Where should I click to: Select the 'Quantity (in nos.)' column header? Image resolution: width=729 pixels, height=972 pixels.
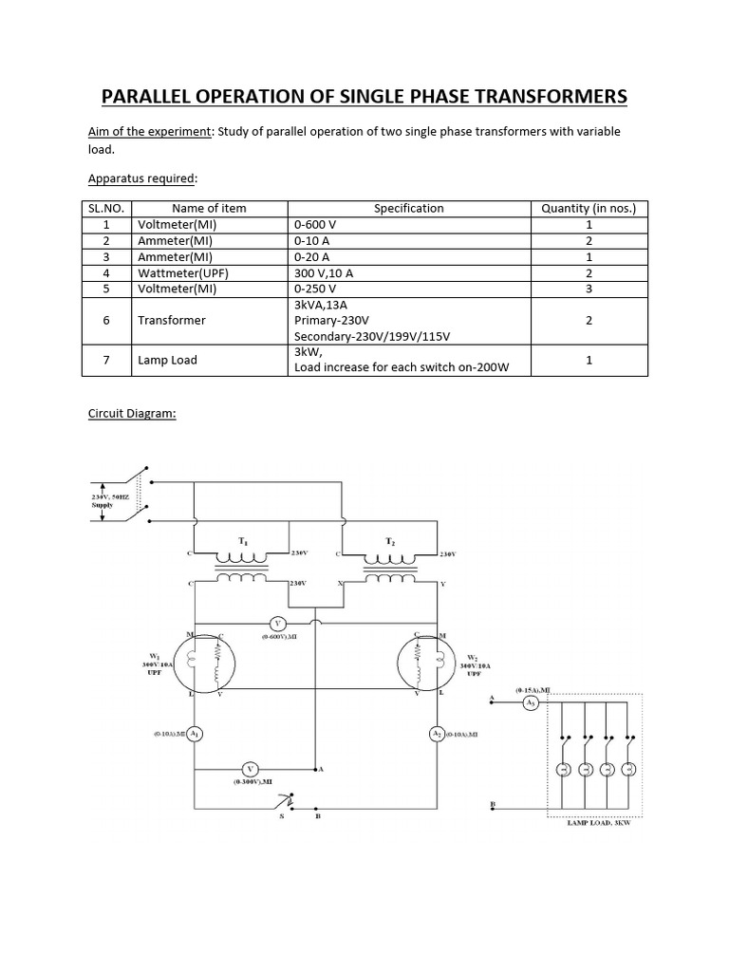589,208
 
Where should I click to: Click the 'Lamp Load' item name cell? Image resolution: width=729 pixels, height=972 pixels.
167,360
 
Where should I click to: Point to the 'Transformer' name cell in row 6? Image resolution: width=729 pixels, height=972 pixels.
172,321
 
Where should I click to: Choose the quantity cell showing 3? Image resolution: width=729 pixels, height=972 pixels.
589,290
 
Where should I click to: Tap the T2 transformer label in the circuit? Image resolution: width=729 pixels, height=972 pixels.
390,540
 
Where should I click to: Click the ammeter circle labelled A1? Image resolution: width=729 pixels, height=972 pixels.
194,734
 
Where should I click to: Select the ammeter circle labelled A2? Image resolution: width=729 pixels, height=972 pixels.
437,734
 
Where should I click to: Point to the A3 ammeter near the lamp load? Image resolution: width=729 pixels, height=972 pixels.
532,702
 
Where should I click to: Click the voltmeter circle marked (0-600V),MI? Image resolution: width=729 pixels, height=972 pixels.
278,623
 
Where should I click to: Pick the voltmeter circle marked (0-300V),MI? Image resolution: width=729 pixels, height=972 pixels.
249,768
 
